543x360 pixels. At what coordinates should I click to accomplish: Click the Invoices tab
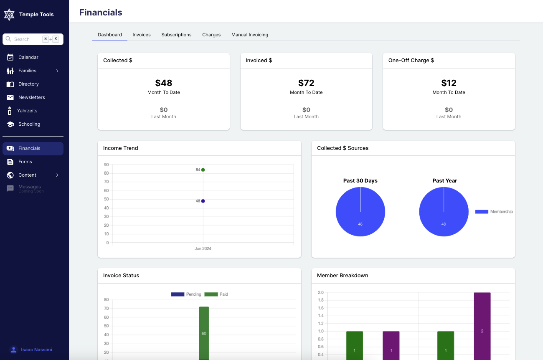(x=142, y=35)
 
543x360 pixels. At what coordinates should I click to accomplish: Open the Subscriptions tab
(x=176, y=35)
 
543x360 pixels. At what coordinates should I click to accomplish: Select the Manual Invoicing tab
(x=250, y=35)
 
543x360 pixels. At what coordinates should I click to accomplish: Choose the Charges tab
(x=211, y=35)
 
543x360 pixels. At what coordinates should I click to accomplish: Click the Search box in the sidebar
(x=27, y=39)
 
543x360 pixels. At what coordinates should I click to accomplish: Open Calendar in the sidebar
(x=28, y=57)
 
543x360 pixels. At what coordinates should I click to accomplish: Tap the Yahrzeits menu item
(x=28, y=111)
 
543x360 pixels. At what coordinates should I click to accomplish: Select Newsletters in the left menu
(x=31, y=97)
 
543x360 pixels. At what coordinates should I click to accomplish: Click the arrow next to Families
(x=57, y=71)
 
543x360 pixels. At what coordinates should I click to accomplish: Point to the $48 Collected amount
(x=164, y=83)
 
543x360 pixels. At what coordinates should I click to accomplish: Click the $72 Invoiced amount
(x=306, y=83)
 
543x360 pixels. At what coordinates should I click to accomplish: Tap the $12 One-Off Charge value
(x=449, y=83)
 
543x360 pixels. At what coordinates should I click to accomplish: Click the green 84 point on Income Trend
(x=203, y=170)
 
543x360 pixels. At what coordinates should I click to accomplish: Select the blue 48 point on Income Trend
(x=203, y=201)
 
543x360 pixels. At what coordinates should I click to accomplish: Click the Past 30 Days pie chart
(x=360, y=212)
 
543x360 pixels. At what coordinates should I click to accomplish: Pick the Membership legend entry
(x=494, y=212)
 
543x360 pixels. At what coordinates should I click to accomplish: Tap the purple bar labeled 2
(x=482, y=326)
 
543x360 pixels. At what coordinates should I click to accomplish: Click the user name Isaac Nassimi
(x=36, y=350)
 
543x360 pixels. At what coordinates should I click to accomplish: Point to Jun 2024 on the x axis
(x=203, y=248)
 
